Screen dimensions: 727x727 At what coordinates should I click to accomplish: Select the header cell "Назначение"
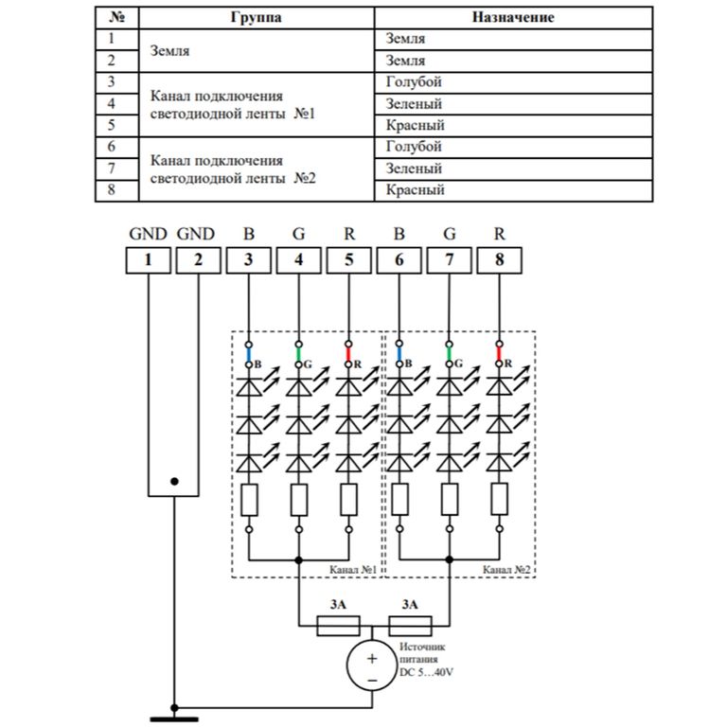[x=512, y=18]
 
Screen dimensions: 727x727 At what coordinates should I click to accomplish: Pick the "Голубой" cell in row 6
[x=415, y=147]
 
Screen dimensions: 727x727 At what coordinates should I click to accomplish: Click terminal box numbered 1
[x=149, y=259]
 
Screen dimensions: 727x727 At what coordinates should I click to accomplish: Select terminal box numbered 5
[x=349, y=259]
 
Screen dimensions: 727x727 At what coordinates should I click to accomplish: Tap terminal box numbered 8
[x=499, y=259]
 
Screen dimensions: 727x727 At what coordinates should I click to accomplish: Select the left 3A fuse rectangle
[x=337, y=626]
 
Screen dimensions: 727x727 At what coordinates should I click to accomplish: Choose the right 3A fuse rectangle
[x=410, y=626]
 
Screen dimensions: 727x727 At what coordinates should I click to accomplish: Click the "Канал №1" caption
[x=352, y=571]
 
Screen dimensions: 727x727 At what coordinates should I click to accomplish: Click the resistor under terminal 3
[x=248, y=499]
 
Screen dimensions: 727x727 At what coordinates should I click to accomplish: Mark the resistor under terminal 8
[x=499, y=499]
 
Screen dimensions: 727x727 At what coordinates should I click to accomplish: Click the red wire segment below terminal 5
[x=349, y=354]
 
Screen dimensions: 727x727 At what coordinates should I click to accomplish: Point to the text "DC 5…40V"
[x=426, y=673]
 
